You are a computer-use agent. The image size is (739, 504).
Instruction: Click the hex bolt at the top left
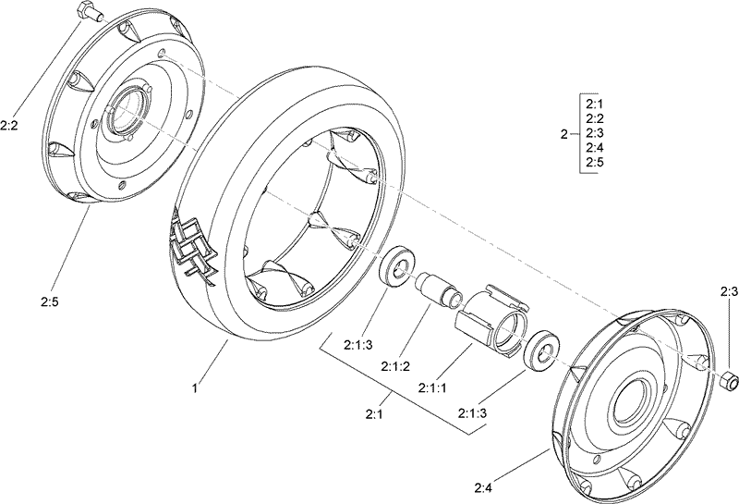pyautogui.click(x=87, y=13)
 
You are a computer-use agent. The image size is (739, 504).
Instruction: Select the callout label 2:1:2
pyautogui.click(x=394, y=364)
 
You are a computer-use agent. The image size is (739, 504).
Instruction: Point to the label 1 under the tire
pyautogui.click(x=195, y=390)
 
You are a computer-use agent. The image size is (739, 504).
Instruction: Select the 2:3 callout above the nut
pyautogui.click(x=728, y=291)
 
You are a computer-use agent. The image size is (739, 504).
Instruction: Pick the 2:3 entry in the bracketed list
pyautogui.click(x=594, y=133)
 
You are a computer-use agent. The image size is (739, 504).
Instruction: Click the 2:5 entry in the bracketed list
pyautogui.click(x=594, y=163)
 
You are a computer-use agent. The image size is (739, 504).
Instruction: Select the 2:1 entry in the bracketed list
pyautogui.click(x=594, y=104)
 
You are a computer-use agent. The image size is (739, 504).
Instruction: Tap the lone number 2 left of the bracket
pyautogui.click(x=563, y=134)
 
